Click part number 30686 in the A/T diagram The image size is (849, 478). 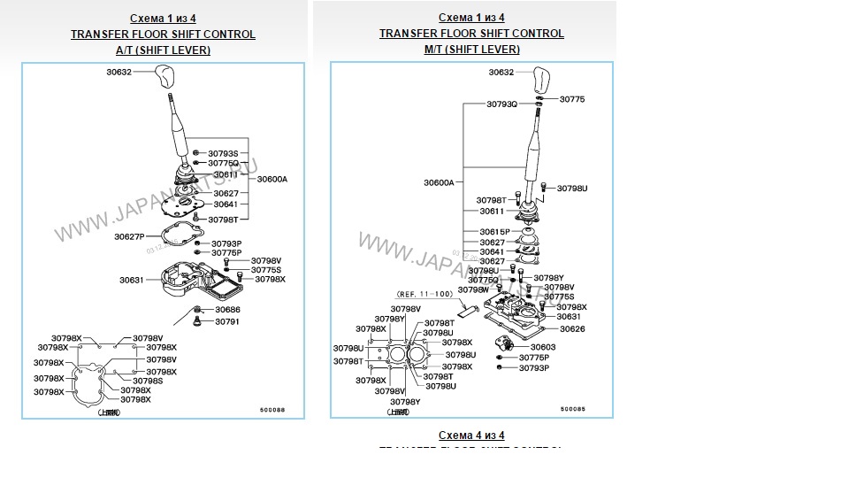(227, 310)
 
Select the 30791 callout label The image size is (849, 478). (227, 321)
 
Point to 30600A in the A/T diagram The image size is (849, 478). (272, 179)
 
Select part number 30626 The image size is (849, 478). (571, 328)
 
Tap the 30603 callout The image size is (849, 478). (543, 347)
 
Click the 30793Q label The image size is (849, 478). (501, 104)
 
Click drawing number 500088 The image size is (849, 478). (272, 409)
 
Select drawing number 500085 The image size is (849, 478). (572, 409)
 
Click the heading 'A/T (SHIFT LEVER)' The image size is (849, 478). (163, 50)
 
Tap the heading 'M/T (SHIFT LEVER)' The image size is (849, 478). (471, 50)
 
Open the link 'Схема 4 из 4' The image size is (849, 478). (471, 436)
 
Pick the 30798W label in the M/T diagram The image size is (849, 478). (473, 289)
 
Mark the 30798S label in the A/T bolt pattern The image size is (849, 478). (148, 381)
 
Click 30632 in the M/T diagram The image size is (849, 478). (501, 72)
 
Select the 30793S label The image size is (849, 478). (224, 153)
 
